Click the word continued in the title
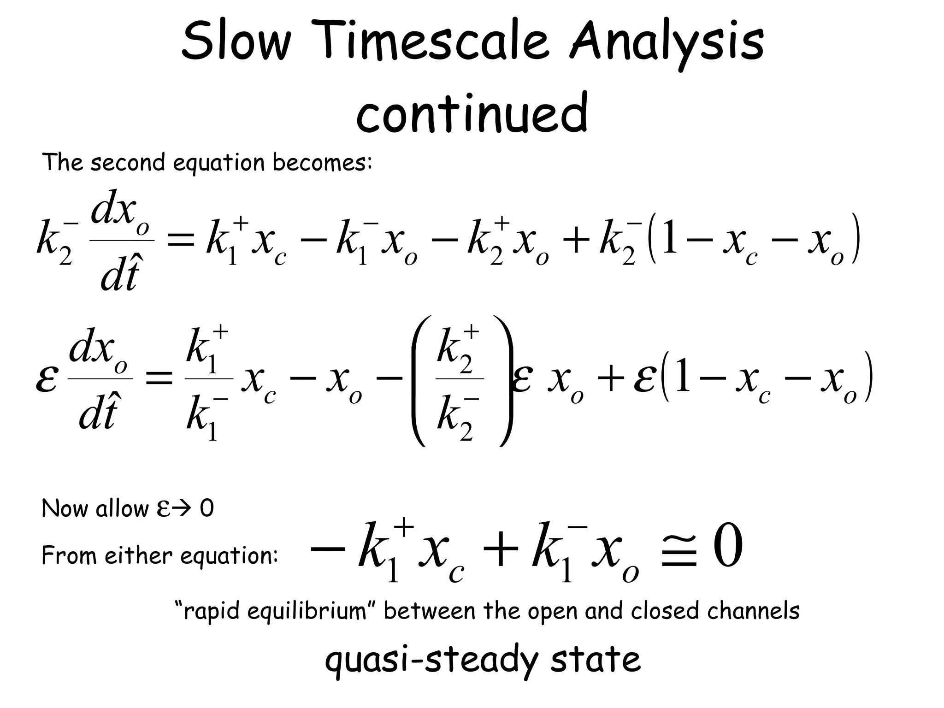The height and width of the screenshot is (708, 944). click(472, 112)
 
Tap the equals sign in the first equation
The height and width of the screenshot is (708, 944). click(180, 240)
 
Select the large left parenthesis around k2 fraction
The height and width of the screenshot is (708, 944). click(419, 381)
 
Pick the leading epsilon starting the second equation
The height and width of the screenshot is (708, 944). click(47, 381)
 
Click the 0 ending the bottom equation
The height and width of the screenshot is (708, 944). click(728, 547)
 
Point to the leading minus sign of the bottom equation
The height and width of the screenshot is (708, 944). click(328, 548)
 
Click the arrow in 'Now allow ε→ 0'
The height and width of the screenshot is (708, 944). click(184, 509)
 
